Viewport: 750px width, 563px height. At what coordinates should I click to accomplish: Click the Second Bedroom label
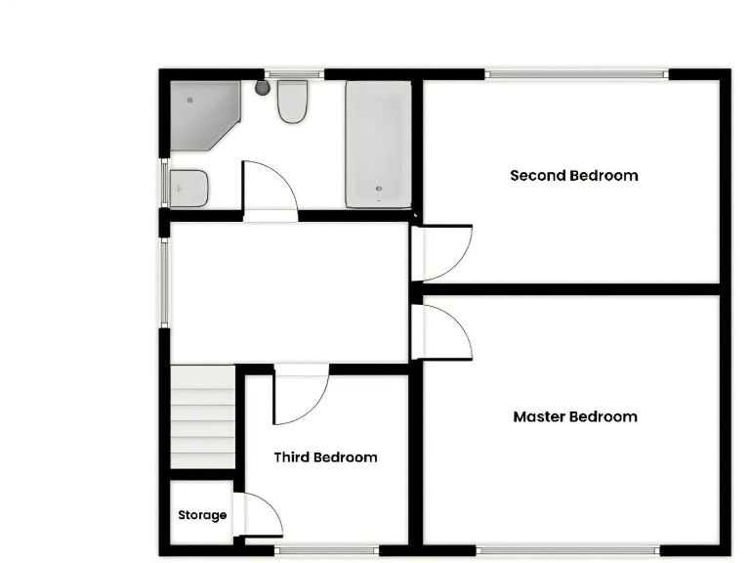point(574,176)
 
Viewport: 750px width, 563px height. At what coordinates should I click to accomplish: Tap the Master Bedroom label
point(575,417)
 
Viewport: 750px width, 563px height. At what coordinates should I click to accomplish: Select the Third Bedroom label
point(325,457)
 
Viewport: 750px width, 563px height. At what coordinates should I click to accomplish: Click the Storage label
point(202,515)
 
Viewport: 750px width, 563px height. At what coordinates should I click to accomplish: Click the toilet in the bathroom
point(292,102)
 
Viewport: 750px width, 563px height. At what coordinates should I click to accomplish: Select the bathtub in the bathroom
point(378,144)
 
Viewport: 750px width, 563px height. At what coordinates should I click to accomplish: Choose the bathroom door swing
point(267,188)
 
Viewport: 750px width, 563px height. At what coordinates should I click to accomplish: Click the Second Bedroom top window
point(576,73)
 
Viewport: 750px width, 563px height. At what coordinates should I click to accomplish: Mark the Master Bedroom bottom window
point(566,550)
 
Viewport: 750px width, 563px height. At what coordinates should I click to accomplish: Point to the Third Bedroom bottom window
point(325,550)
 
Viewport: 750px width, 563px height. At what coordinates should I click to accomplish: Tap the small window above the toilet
point(294,73)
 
